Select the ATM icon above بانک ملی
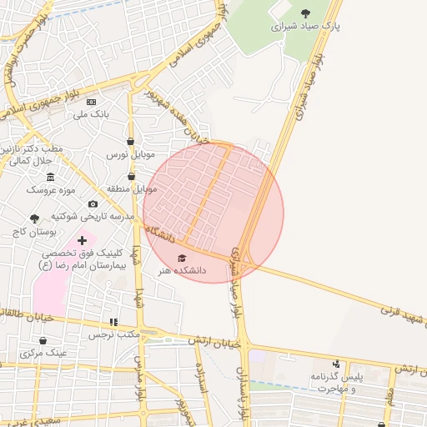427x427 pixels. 92,100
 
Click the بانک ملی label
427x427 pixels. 92,113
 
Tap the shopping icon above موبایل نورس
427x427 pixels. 131,142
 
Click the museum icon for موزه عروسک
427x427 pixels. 51,177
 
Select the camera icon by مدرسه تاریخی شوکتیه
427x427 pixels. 93,204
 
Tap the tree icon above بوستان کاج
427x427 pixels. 34,218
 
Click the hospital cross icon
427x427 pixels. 82,240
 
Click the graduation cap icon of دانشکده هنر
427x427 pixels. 183,258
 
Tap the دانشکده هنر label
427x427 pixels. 182,271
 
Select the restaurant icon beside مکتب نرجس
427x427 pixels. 113,322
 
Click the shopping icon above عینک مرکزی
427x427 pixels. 43,340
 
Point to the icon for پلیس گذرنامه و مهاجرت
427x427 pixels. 336,364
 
